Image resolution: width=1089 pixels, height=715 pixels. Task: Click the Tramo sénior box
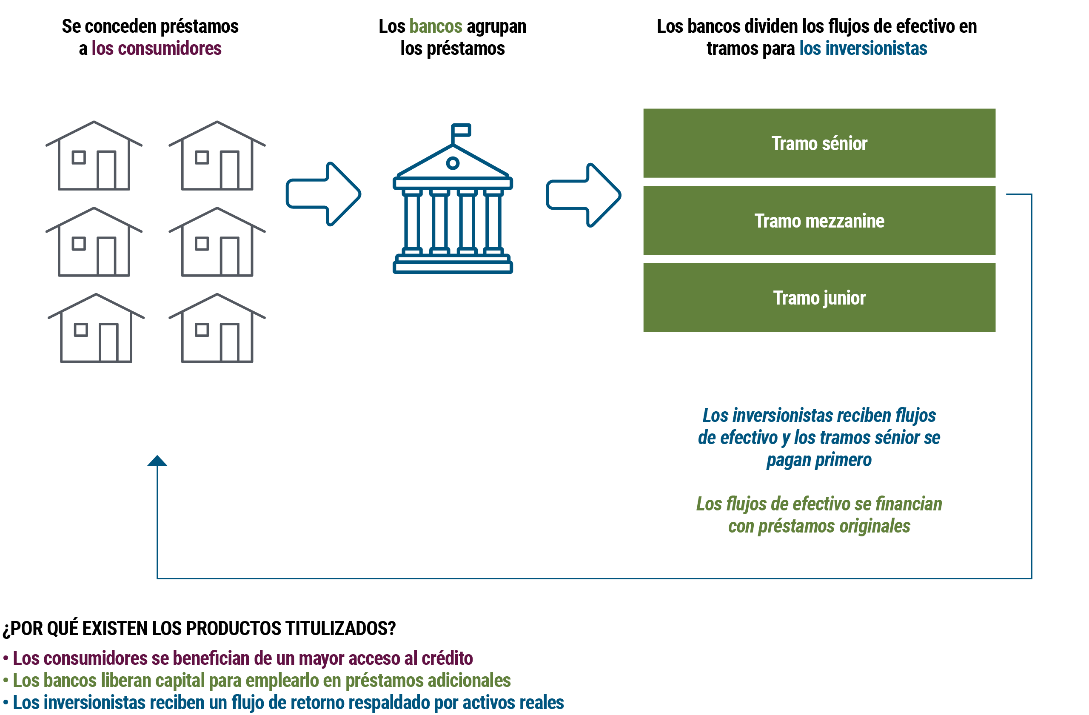[819, 143]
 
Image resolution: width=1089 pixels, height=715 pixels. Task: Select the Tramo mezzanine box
[819, 220]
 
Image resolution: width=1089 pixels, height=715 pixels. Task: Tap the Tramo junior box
[819, 298]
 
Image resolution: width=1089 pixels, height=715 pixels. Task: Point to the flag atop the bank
[461, 130]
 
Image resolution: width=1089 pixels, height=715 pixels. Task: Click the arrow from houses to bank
[323, 194]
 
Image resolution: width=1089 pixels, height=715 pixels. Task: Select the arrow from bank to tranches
[583, 195]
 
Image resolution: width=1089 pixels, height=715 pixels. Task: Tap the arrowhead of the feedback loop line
[157, 461]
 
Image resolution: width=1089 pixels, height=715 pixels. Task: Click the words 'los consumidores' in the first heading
[157, 48]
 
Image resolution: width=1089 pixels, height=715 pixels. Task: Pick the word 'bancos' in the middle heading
[436, 26]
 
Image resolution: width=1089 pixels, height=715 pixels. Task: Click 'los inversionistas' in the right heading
[863, 48]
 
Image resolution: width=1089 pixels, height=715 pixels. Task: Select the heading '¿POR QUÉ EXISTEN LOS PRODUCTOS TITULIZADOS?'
[199, 629]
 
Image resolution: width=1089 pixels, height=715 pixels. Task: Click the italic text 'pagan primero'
[819, 460]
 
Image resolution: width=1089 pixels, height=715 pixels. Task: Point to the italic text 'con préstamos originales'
[819, 526]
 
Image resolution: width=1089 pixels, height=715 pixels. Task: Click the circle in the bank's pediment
[453, 163]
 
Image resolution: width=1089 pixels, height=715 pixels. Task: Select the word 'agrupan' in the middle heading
[496, 26]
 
